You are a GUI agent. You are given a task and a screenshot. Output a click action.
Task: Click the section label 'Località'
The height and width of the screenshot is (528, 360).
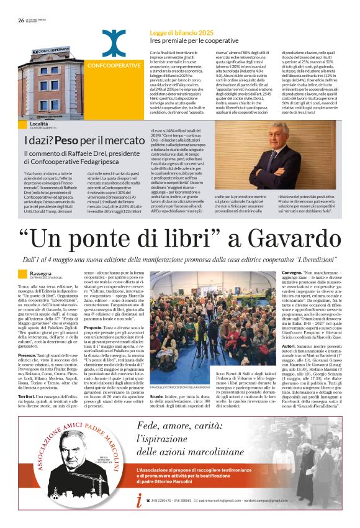[x=38, y=124]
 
